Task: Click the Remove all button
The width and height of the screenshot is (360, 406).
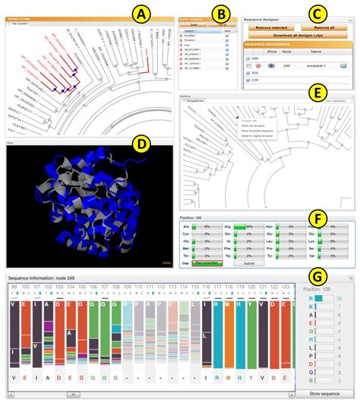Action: (x=321, y=27)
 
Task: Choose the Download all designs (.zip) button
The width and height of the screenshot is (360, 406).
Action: (x=298, y=35)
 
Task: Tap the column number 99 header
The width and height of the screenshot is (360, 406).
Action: (x=14, y=286)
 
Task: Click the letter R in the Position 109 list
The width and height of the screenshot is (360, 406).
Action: (x=311, y=298)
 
